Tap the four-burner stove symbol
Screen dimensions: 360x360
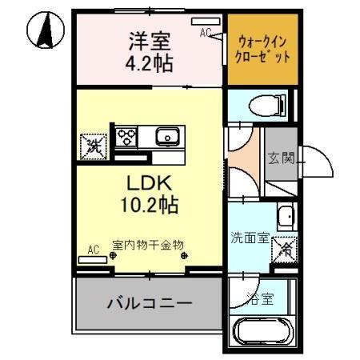click(128, 137)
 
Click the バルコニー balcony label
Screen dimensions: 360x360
click(150, 304)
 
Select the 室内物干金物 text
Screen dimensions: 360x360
click(148, 243)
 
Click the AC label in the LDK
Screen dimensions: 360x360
click(93, 250)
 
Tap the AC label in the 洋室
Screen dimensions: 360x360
click(205, 33)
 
